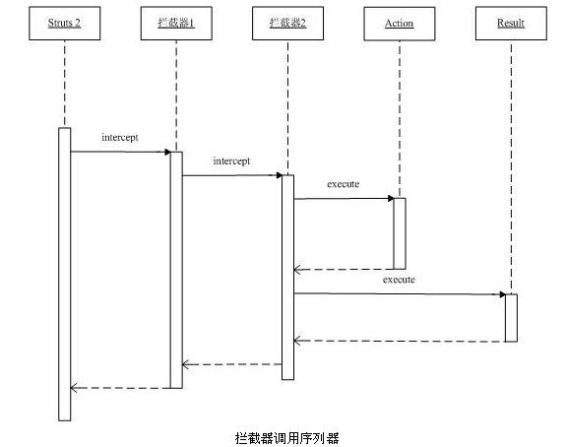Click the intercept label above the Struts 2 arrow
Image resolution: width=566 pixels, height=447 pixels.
tap(120, 138)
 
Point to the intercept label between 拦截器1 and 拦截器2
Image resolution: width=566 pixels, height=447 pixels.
tap(231, 161)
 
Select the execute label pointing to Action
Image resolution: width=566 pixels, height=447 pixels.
tap(343, 184)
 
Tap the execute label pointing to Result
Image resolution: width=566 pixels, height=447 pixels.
tap(399, 280)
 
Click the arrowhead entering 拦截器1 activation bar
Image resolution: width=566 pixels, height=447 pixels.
tap(167, 152)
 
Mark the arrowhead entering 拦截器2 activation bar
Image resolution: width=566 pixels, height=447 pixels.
tap(279, 175)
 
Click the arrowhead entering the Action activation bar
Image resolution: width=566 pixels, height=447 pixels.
tap(391, 198)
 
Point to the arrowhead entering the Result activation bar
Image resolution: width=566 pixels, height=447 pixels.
tap(502, 294)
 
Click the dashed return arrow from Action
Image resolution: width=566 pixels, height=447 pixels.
tap(344, 270)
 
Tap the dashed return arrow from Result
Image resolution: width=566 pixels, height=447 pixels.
tap(400, 341)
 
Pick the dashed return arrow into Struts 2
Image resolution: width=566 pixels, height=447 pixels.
tap(120, 388)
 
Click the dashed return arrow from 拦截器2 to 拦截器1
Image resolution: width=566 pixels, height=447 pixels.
tap(232, 364)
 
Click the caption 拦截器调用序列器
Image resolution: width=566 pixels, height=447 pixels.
tap(287, 438)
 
